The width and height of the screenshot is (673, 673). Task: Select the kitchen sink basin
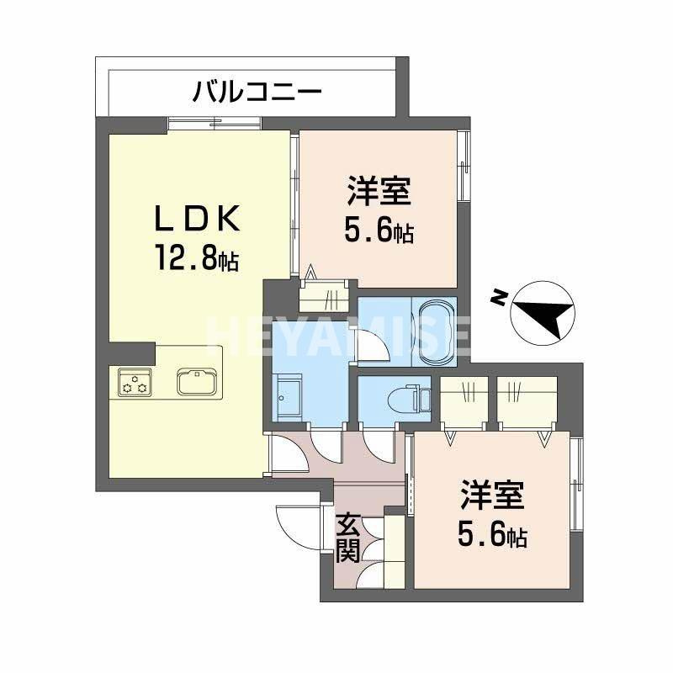tap(199, 382)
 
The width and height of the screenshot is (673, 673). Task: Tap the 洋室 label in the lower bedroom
tap(492, 495)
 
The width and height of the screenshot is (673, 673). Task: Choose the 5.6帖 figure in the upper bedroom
tap(379, 230)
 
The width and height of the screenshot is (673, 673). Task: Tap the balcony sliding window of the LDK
tap(214, 125)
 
